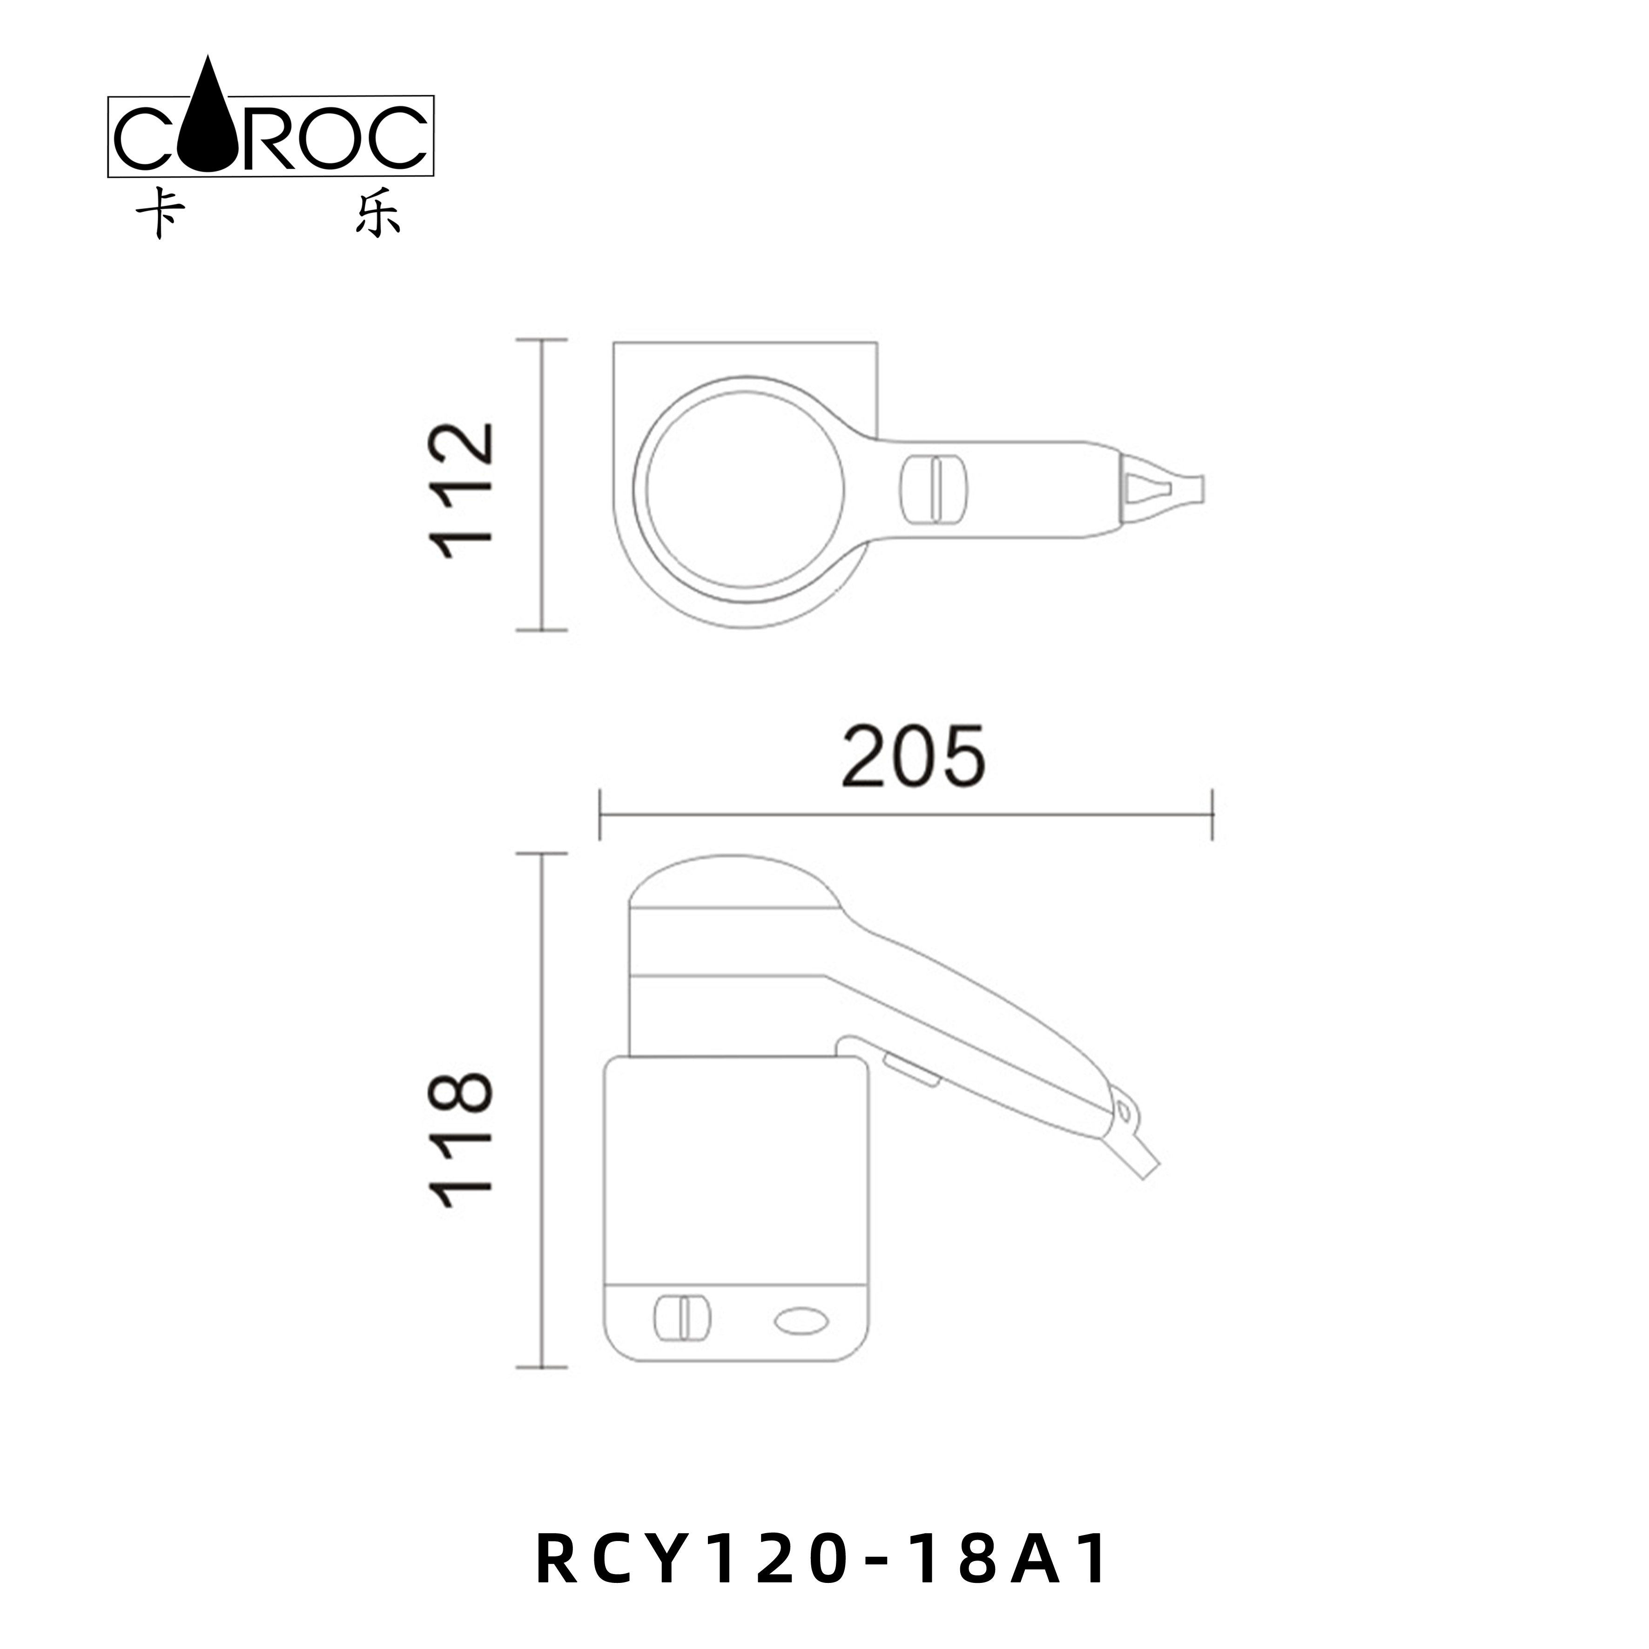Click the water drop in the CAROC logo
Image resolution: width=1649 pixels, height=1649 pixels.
(x=208, y=128)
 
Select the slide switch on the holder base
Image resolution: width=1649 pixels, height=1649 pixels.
(x=681, y=1341)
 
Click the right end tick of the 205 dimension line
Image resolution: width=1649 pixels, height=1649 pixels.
(x=1212, y=815)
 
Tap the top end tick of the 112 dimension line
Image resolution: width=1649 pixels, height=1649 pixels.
(x=542, y=340)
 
